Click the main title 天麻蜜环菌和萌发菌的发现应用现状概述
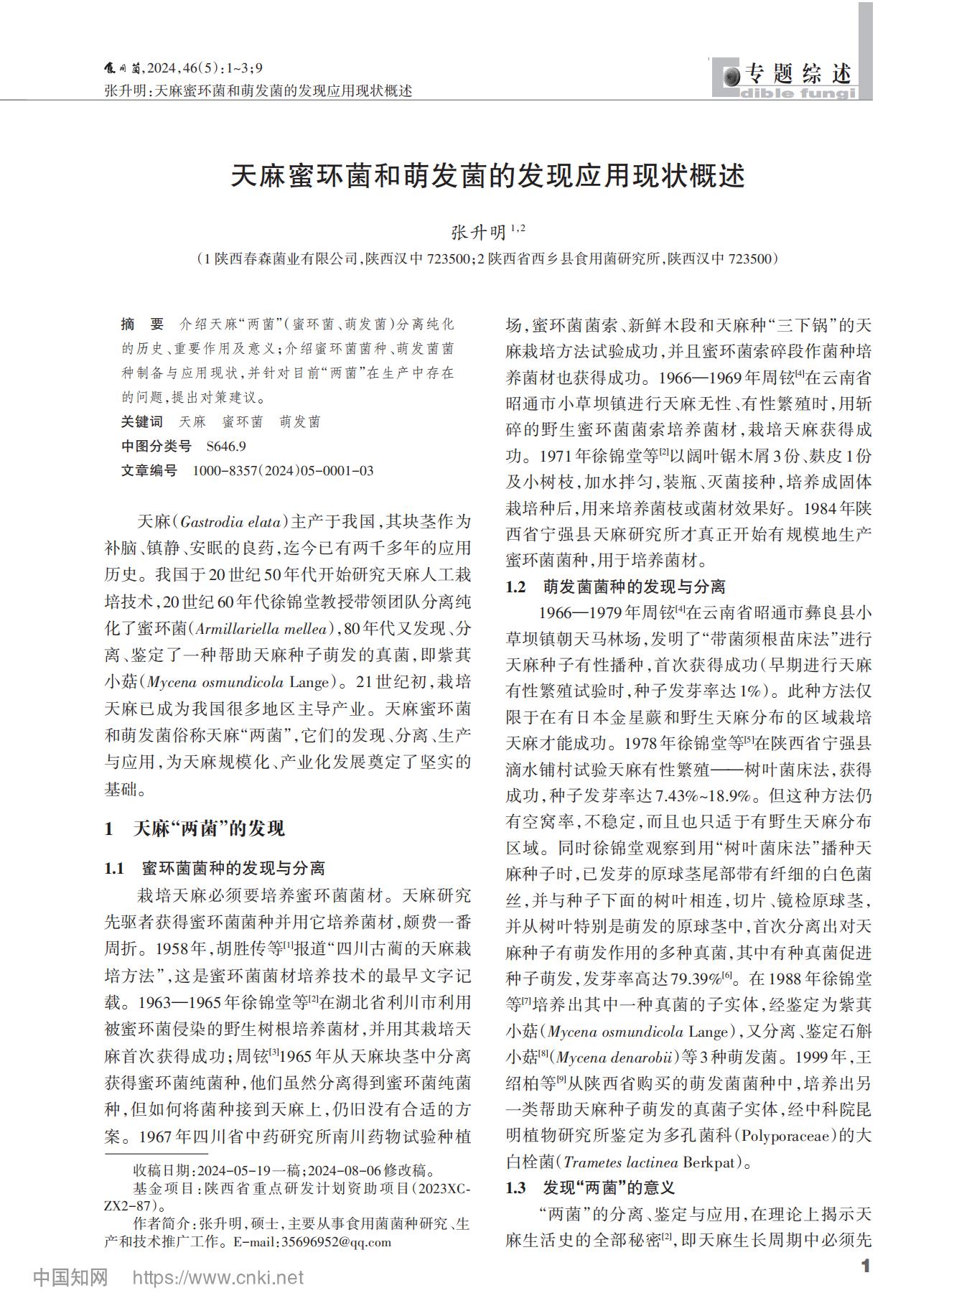[x=487, y=175]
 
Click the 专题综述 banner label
[x=798, y=73]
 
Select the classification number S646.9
[x=226, y=447]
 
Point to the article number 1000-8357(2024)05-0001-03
[x=283, y=471]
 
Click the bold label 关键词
[x=141, y=422]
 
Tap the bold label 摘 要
[x=142, y=325]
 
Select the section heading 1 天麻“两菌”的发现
[x=195, y=829]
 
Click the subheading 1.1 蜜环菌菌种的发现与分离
[x=215, y=869]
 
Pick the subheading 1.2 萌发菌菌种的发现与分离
[x=615, y=587]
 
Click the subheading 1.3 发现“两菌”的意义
[x=590, y=1187]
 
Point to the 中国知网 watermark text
[x=70, y=1278]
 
